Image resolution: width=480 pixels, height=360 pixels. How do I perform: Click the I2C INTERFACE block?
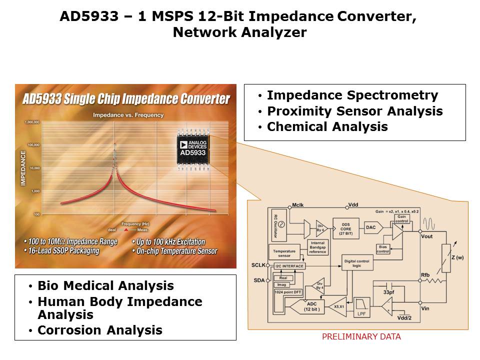click(x=289, y=266)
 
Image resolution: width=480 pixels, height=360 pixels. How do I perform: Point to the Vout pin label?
click(x=427, y=236)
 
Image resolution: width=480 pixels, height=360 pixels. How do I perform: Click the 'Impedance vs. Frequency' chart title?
click(x=128, y=115)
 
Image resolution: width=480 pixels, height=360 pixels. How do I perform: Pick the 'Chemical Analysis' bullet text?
click(x=327, y=127)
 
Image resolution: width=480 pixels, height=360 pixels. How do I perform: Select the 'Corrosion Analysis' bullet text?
click(x=99, y=330)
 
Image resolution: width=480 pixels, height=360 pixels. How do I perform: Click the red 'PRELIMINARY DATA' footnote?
click(x=361, y=337)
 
